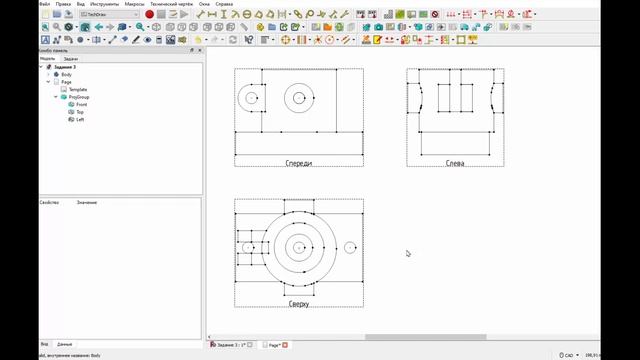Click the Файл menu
click(x=44, y=4)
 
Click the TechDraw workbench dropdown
click(x=108, y=15)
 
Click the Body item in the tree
click(x=67, y=74)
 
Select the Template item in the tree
click(x=77, y=89)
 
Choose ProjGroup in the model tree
click(x=79, y=97)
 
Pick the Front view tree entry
click(x=81, y=104)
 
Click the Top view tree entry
click(x=80, y=112)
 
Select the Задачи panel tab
click(x=70, y=59)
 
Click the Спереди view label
click(x=298, y=163)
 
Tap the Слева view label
click(x=455, y=163)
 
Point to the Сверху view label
click(x=298, y=303)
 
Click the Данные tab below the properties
click(x=64, y=343)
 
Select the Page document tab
click(x=274, y=344)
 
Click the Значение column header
click(x=87, y=202)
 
